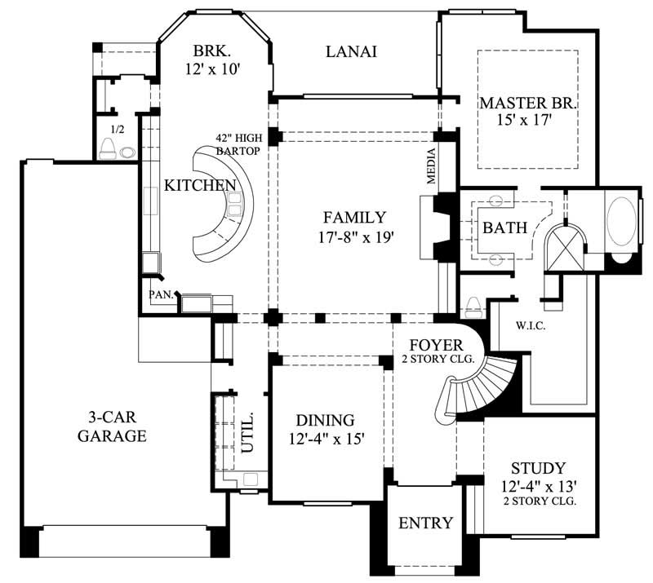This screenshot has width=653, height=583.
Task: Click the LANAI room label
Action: click(351, 52)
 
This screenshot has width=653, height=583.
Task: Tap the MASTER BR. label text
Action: click(528, 104)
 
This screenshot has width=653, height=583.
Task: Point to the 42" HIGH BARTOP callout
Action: click(238, 144)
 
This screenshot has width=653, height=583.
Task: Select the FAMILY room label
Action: click(354, 218)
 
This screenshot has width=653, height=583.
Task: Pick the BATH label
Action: click(504, 227)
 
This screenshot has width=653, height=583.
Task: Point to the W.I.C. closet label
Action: click(530, 325)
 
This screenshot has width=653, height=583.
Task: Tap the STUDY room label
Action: click(538, 469)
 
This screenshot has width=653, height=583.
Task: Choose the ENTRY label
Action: click(424, 523)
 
